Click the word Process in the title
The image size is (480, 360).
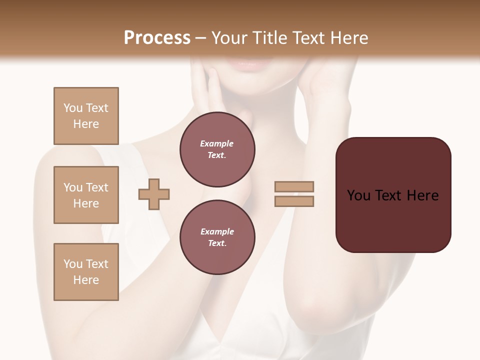pyautogui.click(x=157, y=38)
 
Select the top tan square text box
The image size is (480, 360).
pyautogui.click(x=86, y=116)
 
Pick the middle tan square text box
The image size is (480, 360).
pyautogui.click(x=86, y=195)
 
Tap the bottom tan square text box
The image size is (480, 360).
pyautogui.click(x=86, y=272)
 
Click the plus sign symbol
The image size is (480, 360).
pyautogui.click(x=154, y=194)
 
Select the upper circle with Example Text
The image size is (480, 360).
pyautogui.click(x=217, y=149)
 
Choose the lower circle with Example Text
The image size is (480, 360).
pyautogui.click(x=217, y=237)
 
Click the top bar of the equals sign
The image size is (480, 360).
pyautogui.click(x=294, y=187)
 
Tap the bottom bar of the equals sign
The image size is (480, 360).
pyautogui.click(x=294, y=201)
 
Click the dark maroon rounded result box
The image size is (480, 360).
pyautogui.click(x=393, y=194)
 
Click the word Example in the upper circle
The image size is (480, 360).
pyautogui.click(x=217, y=143)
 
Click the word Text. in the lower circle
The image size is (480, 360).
pyautogui.click(x=217, y=243)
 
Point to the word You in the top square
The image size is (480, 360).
pyautogui.click(x=72, y=108)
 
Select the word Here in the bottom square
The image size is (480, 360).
pyautogui.click(x=86, y=280)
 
